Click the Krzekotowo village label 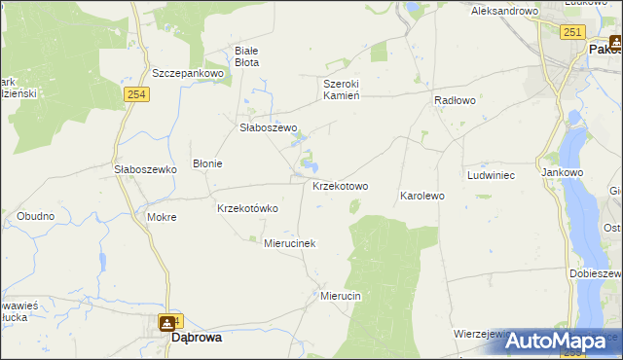coord(340,186)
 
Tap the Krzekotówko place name coord(247,208)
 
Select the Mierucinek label coord(290,243)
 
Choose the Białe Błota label coord(247,56)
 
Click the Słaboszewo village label coord(268,127)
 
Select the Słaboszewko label coord(144,168)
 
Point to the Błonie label coord(207,163)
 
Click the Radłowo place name coord(454,100)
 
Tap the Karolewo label coord(421,196)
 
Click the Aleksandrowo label coord(504,11)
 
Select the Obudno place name coord(36,215)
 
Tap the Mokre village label coord(162,217)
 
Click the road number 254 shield coord(135,92)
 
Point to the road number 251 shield coord(572,33)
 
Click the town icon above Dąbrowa coord(167,322)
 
